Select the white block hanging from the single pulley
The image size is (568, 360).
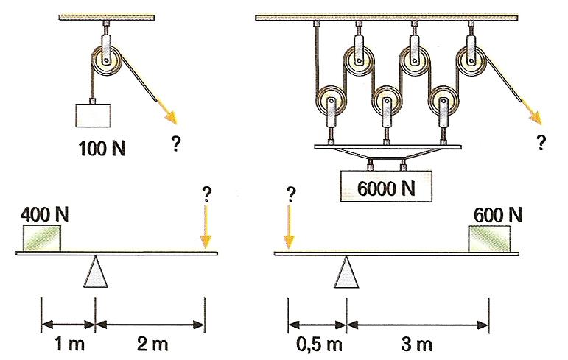(x=94, y=116)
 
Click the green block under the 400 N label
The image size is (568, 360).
(x=42, y=237)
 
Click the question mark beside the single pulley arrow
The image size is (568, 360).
(x=176, y=145)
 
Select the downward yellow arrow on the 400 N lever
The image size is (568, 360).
(x=205, y=227)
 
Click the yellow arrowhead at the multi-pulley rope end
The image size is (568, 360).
(x=538, y=118)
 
